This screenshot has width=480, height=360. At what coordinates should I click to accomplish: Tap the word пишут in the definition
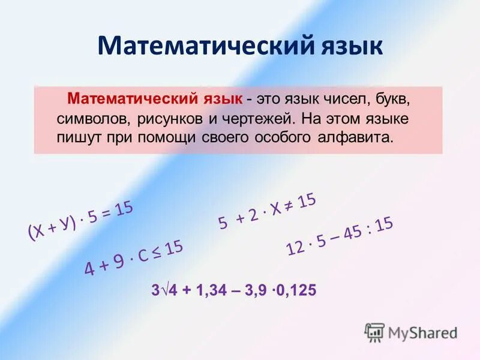coord(77,137)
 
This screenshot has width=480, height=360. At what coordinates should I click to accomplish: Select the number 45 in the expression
coord(352,233)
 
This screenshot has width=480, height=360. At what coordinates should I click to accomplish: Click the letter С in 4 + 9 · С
coord(143,260)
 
